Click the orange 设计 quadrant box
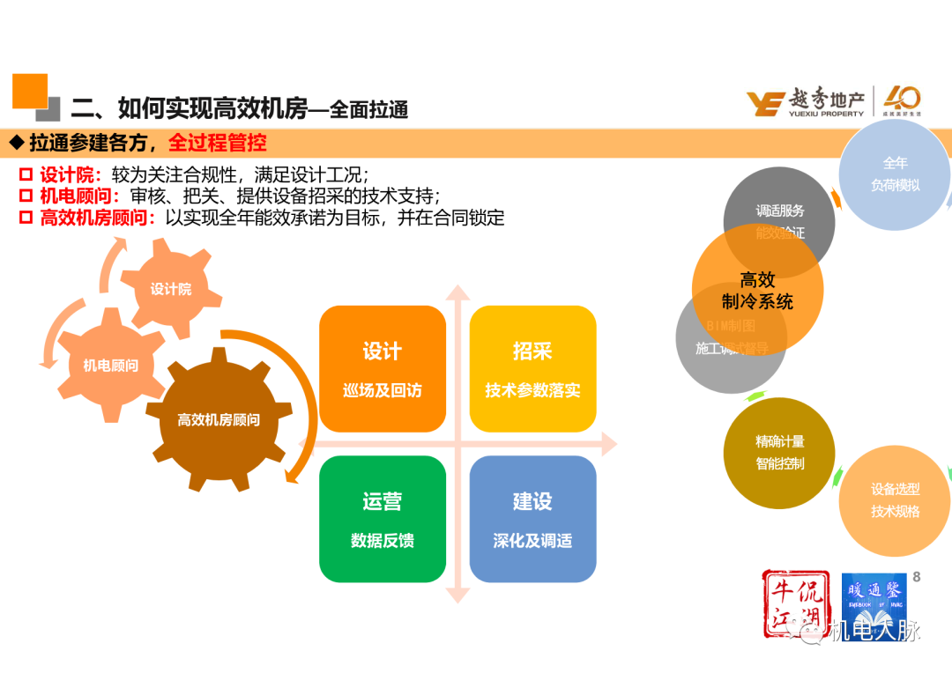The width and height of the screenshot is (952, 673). pyautogui.click(x=382, y=368)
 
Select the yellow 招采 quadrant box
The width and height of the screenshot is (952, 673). pyautogui.click(x=532, y=368)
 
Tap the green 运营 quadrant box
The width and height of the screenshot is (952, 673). pyautogui.click(x=382, y=519)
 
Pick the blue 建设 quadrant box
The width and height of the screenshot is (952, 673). pyautogui.click(x=532, y=519)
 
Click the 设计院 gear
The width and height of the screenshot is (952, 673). pyautogui.click(x=170, y=289)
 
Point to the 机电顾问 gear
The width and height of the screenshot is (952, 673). pyautogui.click(x=110, y=365)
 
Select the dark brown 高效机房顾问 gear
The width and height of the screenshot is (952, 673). pyautogui.click(x=218, y=420)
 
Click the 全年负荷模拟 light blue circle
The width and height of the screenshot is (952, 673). pyautogui.click(x=895, y=174)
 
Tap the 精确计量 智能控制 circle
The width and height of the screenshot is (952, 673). pyautogui.click(x=779, y=452)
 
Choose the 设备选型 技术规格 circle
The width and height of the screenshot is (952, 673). pyautogui.click(x=895, y=500)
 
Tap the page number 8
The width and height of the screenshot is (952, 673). pyautogui.click(x=917, y=576)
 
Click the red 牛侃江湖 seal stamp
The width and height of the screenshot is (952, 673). pyautogui.click(x=792, y=604)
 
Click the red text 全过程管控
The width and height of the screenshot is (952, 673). pyautogui.click(x=218, y=142)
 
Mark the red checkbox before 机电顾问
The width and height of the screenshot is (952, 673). pyautogui.click(x=26, y=196)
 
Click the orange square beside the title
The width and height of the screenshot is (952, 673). pyautogui.click(x=29, y=91)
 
